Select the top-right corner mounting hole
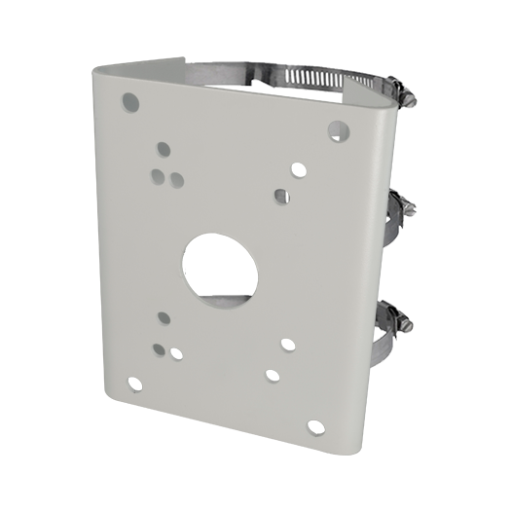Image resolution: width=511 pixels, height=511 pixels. click(x=338, y=128)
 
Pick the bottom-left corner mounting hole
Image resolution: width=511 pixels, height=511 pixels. click(x=134, y=383)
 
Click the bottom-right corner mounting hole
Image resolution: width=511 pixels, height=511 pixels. click(x=315, y=426)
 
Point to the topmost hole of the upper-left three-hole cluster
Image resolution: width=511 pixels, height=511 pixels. click(x=164, y=149)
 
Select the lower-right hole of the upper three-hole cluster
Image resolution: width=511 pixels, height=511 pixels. click(x=175, y=179)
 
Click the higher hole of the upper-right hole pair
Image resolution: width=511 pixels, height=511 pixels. click(x=298, y=170)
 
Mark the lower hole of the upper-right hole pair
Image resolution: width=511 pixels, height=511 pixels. click(x=280, y=195)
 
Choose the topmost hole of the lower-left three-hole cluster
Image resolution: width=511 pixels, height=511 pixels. click(x=164, y=317)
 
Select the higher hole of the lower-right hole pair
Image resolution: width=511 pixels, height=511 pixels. click(x=288, y=344)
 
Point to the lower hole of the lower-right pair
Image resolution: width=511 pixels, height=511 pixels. click(x=273, y=375)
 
